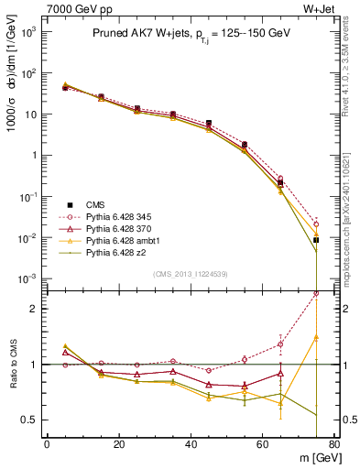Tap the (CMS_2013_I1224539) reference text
[191, 273]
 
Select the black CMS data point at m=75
[316, 240]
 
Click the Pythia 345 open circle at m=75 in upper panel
[316, 224]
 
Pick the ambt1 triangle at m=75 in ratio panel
[316, 337]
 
